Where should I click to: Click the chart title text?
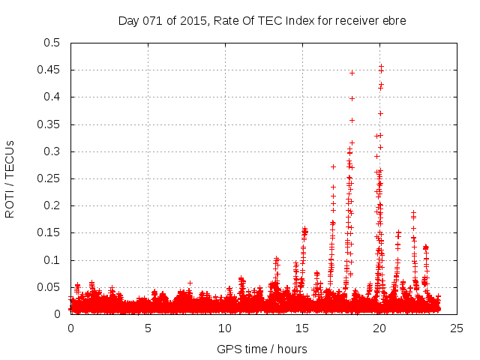262,21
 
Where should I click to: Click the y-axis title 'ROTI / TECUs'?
10,178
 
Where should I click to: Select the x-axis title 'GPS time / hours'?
262,349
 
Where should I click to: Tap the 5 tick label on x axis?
148,328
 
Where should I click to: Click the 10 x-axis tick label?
225,328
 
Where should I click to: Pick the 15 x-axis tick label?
302,328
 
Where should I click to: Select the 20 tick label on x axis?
379,328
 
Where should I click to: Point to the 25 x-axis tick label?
457,328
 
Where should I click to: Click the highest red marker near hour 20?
381,66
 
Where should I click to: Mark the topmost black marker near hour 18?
352,73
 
